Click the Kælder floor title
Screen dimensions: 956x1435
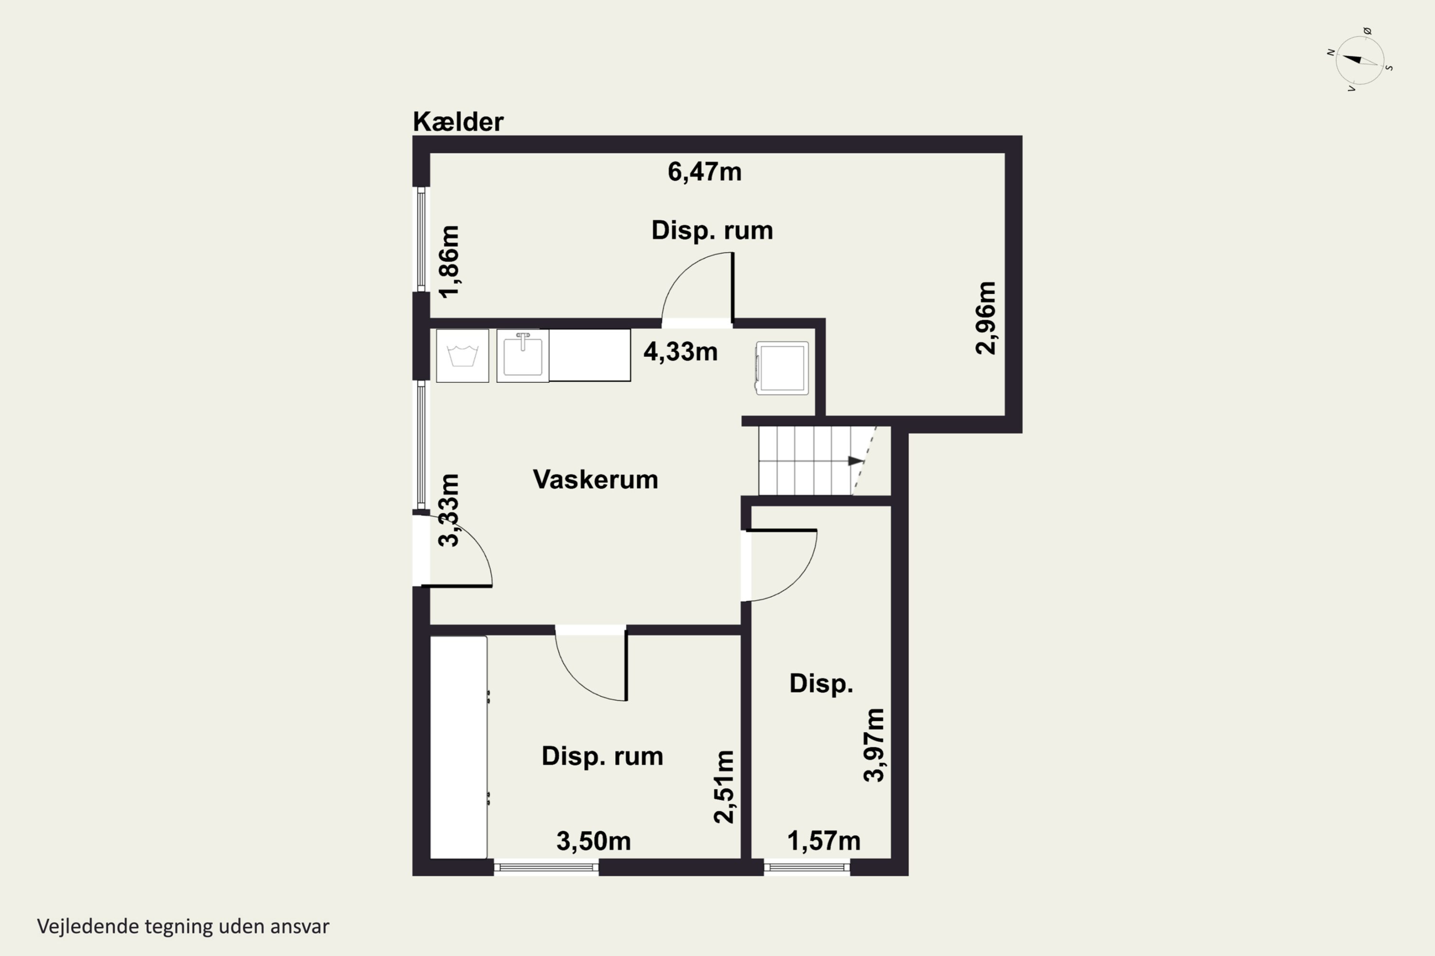[x=458, y=122]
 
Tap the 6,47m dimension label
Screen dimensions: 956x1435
[x=704, y=172]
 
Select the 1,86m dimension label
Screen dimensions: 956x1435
[x=450, y=261]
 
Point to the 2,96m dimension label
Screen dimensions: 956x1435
[x=985, y=318]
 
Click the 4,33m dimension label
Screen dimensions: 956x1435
[x=680, y=352]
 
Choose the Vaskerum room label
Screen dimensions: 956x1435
[x=596, y=479]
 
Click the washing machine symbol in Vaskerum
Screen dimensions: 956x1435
[x=463, y=356]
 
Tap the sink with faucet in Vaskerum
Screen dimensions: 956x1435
[x=523, y=356]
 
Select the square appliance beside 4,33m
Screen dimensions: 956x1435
[x=782, y=368]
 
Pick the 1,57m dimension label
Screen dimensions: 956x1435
[x=824, y=841]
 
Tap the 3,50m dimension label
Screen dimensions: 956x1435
[x=593, y=841]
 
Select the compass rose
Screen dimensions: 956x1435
[x=1359, y=60]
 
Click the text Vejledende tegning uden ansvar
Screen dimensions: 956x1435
[x=183, y=926]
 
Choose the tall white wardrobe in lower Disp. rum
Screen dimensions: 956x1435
[x=459, y=747]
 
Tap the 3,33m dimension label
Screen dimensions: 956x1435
[x=450, y=510]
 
